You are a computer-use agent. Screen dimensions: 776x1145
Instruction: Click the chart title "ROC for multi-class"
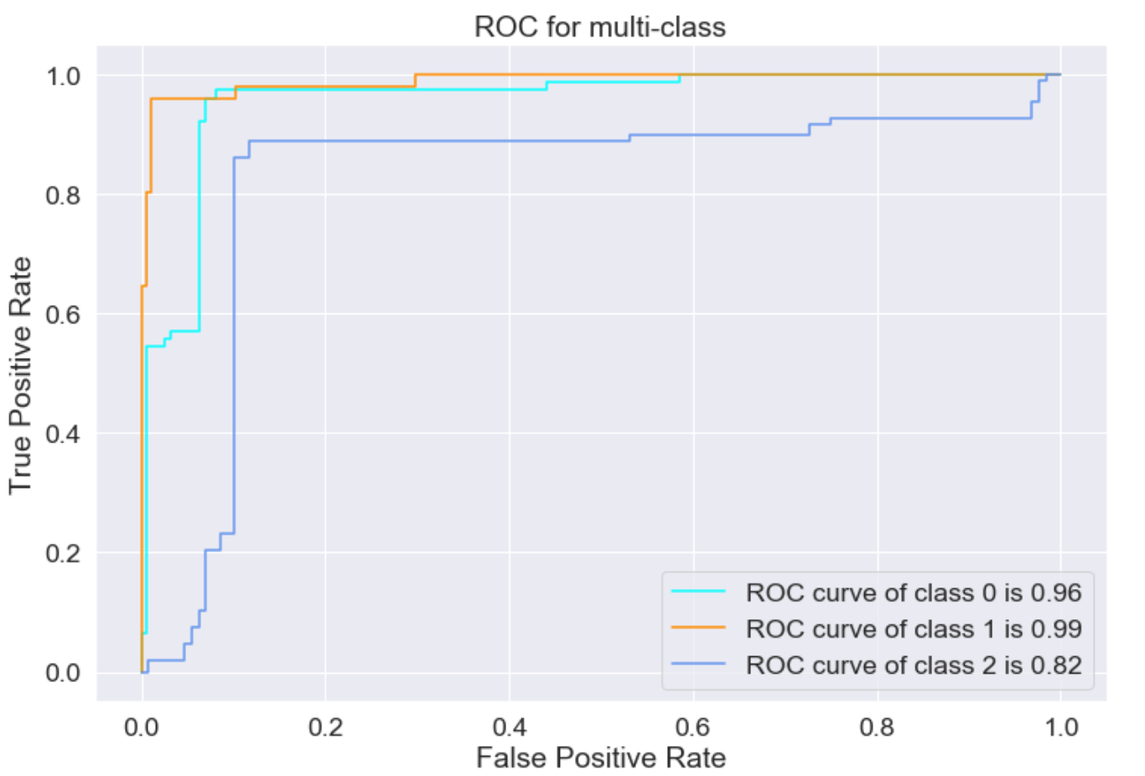599,27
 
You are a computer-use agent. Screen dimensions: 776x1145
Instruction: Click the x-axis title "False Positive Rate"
600,758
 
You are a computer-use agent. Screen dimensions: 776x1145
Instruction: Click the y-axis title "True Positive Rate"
20,375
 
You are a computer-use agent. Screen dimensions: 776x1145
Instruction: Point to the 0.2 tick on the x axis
325,726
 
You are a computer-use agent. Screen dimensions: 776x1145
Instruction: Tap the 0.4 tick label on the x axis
509,726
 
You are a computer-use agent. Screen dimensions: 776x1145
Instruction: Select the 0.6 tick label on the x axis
693,726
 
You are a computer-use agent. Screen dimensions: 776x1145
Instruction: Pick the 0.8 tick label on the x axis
877,726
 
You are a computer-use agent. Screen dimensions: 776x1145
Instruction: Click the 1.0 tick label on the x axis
1060,726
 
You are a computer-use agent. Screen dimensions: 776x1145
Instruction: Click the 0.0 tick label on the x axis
142,726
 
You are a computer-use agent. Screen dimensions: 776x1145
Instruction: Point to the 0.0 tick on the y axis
64,673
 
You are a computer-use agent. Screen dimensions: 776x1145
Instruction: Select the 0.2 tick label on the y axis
64,553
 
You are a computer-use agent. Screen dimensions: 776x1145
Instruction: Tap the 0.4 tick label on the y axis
64,434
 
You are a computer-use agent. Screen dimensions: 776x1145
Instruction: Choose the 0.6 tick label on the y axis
64,314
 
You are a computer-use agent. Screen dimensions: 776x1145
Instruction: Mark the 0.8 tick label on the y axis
64,195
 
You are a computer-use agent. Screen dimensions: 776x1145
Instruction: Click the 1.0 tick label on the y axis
64,76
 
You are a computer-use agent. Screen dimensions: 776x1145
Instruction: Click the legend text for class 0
914,592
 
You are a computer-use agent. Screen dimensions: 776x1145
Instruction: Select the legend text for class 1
914,629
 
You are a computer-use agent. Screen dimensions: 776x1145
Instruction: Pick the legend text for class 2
914,665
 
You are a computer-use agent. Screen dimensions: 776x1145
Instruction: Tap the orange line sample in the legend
698,627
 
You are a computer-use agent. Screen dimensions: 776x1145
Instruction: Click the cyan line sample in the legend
698,591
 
